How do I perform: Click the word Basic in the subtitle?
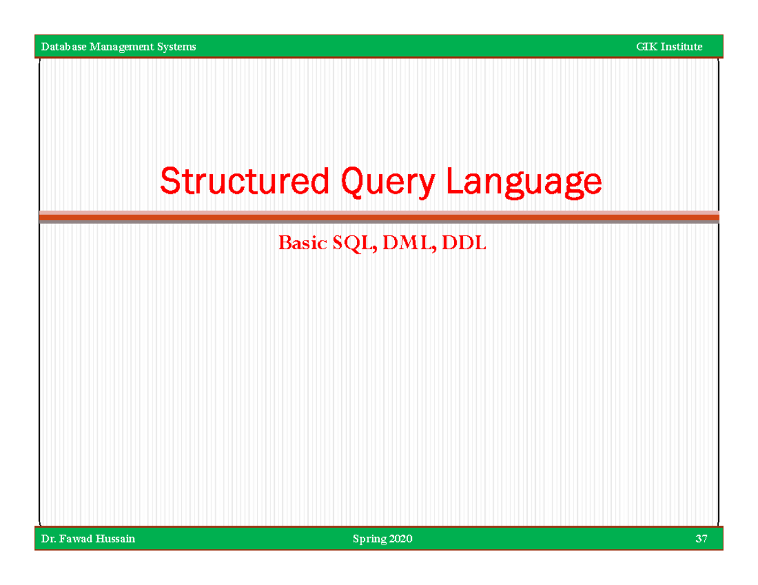(303, 243)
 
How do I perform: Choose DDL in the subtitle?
(464, 243)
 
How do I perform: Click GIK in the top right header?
(647, 47)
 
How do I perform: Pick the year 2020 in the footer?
(401, 539)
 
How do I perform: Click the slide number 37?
(701, 539)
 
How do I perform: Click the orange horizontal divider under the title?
(379, 218)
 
